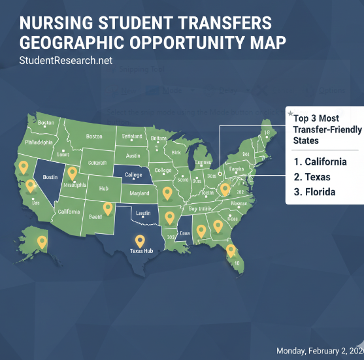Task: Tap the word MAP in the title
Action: [x=265, y=43]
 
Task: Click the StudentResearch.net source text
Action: [x=66, y=61]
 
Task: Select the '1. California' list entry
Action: [x=320, y=162]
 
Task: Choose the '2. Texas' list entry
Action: [x=312, y=177]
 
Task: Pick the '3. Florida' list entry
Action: [x=315, y=192]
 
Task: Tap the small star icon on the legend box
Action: [x=290, y=114]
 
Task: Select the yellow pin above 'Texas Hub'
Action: [x=139, y=240]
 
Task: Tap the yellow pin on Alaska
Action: [x=42, y=242]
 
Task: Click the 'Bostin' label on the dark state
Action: [x=50, y=177]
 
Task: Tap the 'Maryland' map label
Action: [x=139, y=194]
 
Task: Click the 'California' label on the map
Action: [x=69, y=212]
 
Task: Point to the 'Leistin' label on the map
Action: [x=143, y=213]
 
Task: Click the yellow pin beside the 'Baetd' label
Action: [x=108, y=209]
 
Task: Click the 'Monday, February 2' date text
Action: [x=320, y=351]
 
